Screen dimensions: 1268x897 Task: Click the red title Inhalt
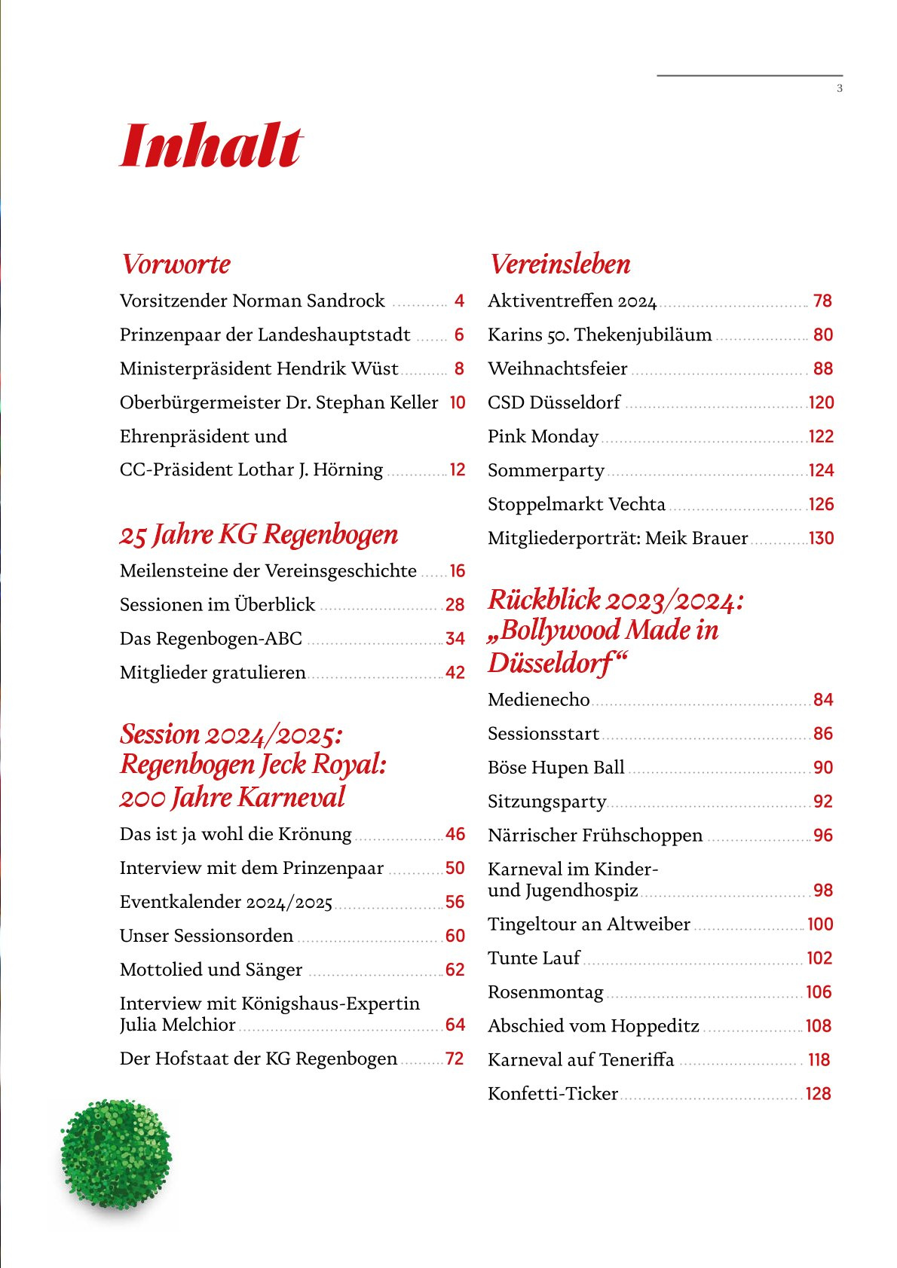tap(211, 146)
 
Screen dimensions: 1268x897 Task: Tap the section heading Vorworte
tap(176, 264)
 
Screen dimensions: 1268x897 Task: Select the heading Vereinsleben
tap(560, 264)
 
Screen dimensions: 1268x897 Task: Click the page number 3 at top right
tap(840, 89)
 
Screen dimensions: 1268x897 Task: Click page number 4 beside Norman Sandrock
tap(459, 301)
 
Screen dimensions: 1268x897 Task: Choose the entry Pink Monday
tap(543, 437)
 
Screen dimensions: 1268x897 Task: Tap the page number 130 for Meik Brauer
tap(821, 539)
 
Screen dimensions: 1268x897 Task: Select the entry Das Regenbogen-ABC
tap(211, 639)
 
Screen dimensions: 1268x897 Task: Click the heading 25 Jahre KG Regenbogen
tap(259, 535)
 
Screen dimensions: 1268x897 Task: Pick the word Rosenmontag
tap(546, 992)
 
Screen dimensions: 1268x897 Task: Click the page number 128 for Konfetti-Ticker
tap(818, 1094)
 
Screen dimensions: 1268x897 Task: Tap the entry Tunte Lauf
tap(534, 958)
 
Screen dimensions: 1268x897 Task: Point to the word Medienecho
tap(538, 700)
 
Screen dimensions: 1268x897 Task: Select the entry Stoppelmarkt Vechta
tap(577, 505)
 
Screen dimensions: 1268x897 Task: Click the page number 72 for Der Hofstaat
tap(455, 1059)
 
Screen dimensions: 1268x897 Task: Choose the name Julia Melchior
tap(178, 1025)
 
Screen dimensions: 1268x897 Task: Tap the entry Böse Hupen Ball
tap(556, 768)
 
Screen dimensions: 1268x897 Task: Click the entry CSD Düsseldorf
tap(554, 403)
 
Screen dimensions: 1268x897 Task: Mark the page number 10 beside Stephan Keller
tap(458, 403)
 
